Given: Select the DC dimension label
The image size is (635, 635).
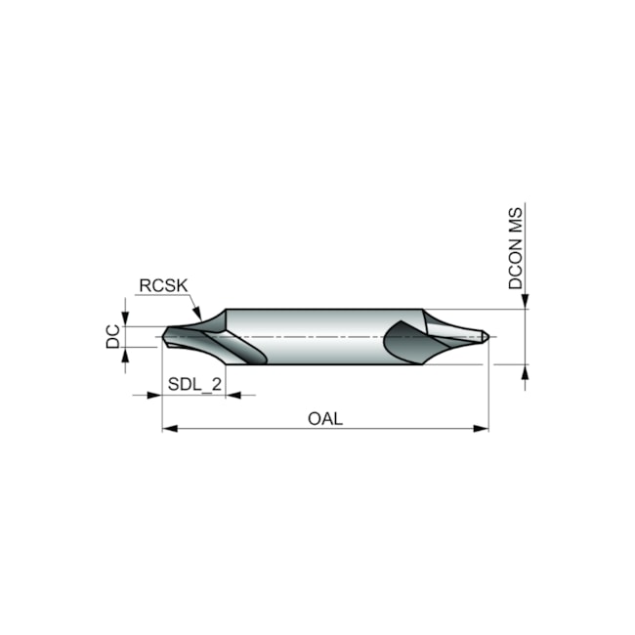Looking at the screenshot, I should [x=113, y=337].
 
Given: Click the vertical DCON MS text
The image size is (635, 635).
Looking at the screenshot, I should [x=516, y=248].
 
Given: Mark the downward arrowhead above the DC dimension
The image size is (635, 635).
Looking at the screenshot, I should [x=127, y=320].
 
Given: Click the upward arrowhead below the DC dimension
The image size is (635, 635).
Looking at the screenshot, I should [x=127, y=353].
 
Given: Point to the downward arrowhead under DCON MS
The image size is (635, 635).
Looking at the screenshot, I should [x=525, y=302].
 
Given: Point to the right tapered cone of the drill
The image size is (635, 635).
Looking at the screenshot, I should [x=454, y=332].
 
